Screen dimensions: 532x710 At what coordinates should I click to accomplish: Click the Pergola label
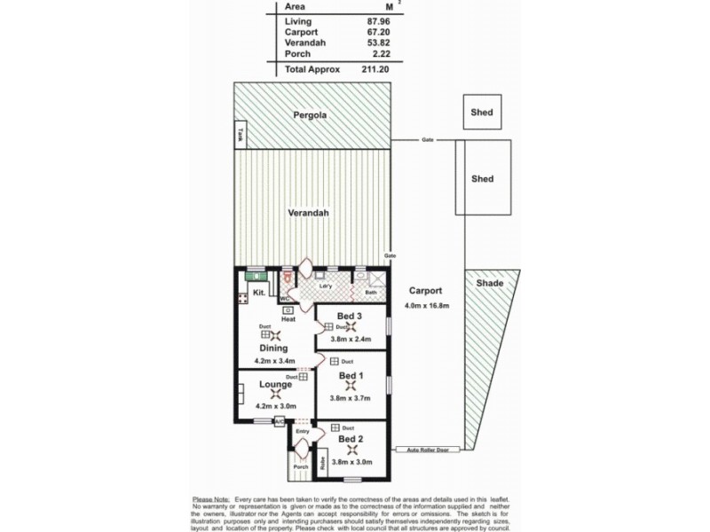(312, 115)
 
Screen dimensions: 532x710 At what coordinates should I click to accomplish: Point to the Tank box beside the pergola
(241, 136)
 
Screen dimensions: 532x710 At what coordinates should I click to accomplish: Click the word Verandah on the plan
(309, 214)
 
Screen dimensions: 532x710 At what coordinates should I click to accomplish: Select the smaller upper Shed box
(482, 113)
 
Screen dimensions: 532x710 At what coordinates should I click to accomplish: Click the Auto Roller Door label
(430, 450)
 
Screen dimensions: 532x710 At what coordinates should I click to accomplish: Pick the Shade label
(489, 284)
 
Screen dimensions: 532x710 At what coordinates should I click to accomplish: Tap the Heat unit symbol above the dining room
(288, 310)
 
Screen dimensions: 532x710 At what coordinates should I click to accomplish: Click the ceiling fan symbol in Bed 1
(351, 387)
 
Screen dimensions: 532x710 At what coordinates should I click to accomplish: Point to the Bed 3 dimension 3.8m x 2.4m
(351, 338)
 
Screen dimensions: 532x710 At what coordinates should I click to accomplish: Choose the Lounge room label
(275, 384)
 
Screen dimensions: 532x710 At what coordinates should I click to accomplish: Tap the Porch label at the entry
(300, 467)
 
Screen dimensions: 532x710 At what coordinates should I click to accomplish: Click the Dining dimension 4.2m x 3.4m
(275, 361)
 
